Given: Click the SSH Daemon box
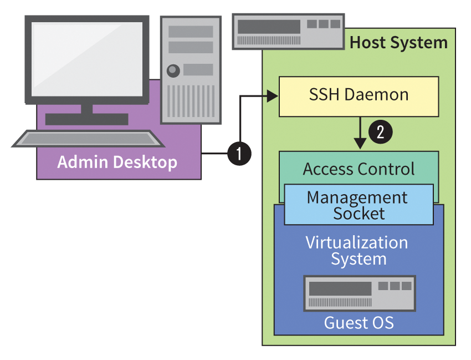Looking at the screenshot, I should tap(359, 96).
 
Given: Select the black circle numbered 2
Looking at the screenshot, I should tap(381, 132).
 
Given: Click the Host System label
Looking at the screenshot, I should tap(398, 43).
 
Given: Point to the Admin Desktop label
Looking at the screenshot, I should tap(117, 162).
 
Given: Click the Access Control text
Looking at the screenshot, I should tap(359, 169).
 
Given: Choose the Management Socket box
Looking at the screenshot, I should tap(359, 205).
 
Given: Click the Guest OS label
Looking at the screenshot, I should tap(359, 323).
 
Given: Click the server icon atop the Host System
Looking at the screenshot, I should tap(288, 32).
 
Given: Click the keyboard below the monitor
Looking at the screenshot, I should tap(89, 139).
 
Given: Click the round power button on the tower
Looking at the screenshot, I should tap(174, 70).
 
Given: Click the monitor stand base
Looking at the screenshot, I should tap(86, 119).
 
